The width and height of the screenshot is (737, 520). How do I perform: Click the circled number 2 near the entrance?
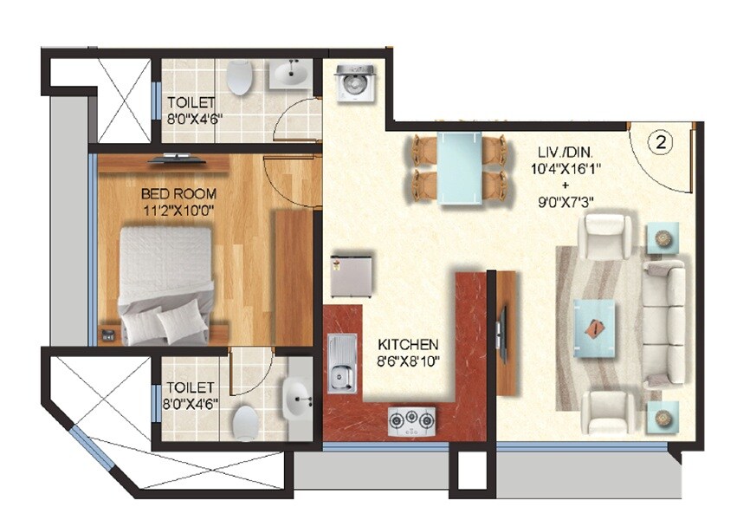point(660,144)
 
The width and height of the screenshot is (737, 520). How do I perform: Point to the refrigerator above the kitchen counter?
point(351,276)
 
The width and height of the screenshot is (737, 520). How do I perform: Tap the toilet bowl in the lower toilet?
point(245,422)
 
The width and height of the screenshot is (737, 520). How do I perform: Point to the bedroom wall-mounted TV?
point(177,159)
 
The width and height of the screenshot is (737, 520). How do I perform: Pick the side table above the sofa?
point(663,236)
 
